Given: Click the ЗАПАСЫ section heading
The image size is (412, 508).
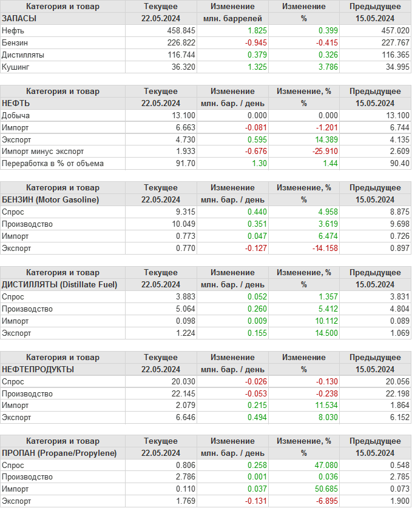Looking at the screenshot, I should tap(19, 18).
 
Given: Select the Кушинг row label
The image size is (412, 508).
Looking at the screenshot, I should tap(16, 67).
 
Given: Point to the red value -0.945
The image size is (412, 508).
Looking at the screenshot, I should tap(255, 42).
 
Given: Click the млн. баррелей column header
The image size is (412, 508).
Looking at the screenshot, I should tap(232, 18).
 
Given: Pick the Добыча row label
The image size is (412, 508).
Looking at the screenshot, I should tap(16, 115).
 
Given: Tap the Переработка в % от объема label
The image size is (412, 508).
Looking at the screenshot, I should tap(53, 164).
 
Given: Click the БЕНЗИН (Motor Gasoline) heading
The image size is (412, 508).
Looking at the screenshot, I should tap(50, 199).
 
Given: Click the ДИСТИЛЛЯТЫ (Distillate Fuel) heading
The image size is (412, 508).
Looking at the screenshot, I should tap(59, 284).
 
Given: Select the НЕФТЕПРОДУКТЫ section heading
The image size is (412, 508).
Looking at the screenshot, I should tap(38, 369).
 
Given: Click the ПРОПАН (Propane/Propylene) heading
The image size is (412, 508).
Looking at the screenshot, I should tap(59, 453).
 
